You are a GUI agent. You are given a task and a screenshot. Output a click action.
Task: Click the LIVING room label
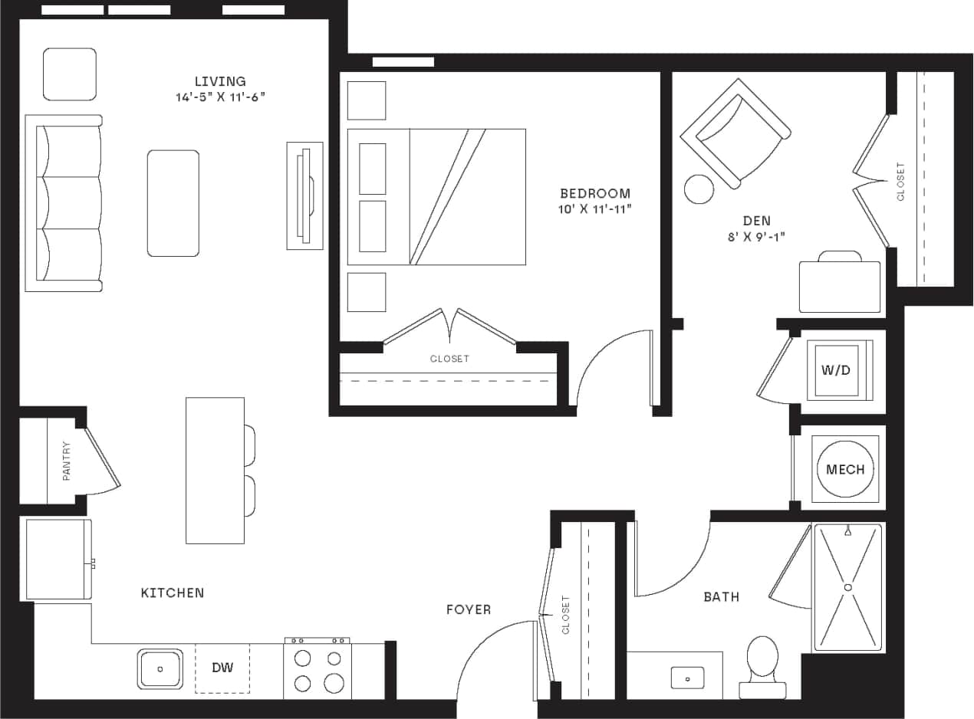pos(219,81)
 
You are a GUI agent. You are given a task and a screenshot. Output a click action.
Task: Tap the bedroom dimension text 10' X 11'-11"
pos(594,208)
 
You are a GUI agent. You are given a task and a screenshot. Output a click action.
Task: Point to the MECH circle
pos(845,469)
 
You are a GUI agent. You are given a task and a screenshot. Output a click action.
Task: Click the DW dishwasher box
pos(222,668)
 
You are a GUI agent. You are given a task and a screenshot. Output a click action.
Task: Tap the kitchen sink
pos(160,668)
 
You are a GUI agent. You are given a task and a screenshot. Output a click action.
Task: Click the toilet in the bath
pos(762,661)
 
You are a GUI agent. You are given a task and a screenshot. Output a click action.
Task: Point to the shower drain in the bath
pos(848,587)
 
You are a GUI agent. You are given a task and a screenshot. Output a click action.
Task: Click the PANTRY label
pos(67,461)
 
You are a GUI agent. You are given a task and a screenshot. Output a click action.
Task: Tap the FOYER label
pos(469,609)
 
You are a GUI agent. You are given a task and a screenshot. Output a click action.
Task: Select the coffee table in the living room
pos(173,203)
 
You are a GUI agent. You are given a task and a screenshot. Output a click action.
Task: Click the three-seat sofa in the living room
pos(64,203)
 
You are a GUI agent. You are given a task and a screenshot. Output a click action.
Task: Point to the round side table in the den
pos(699,189)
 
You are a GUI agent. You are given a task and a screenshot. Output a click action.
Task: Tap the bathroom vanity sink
pos(687,677)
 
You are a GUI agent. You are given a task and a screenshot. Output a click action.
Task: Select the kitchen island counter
pos(215,470)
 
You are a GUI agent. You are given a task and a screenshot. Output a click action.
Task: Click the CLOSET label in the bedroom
pos(449,359)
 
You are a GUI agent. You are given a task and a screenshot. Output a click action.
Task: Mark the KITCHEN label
pos(173,593)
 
